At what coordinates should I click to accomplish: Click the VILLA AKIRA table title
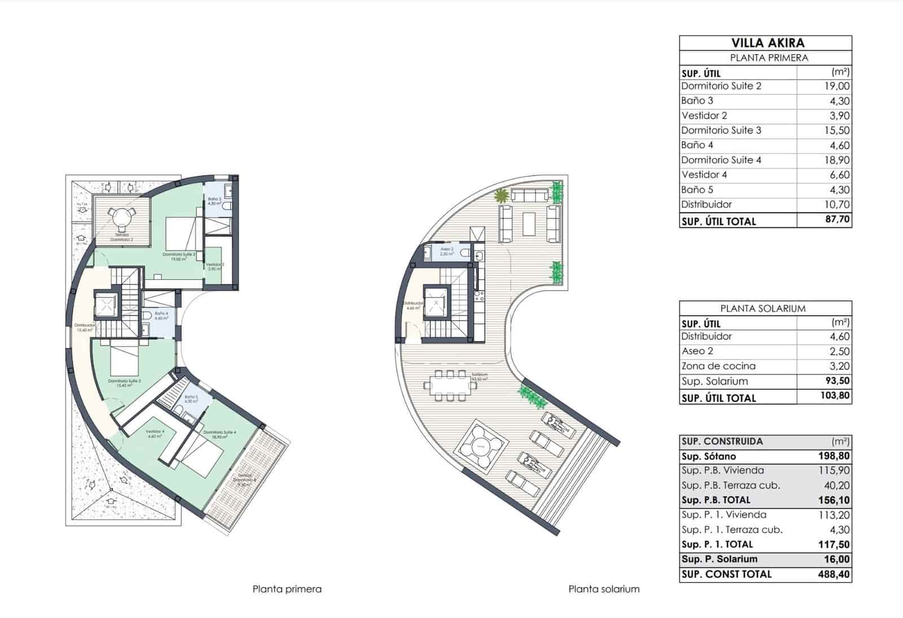coord(768,43)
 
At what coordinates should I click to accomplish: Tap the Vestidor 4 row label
coord(704,175)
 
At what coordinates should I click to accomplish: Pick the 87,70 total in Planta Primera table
coord(837,220)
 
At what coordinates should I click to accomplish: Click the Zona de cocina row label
coord(718,366)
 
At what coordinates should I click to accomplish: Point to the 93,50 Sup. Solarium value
coord(837,381)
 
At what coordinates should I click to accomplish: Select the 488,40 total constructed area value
coord(834,575)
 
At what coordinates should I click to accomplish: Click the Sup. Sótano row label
coord(708,456)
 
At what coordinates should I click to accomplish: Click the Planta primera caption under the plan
coord(287,589)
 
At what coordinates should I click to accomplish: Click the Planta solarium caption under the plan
coord(604,589)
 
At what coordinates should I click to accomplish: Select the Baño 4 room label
coord(161,314)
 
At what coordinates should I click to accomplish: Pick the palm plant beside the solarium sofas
coord(501,196)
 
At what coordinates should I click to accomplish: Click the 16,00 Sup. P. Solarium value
coord(837,559)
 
